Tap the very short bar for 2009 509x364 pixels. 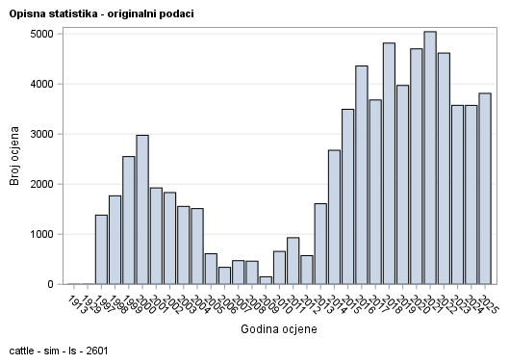(x=266, y=280)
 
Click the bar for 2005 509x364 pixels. (x=211, y=269)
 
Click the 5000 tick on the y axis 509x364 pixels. (x=40, y=34)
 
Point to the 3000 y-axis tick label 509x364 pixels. (x=40, y=134)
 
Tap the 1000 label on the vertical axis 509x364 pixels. (x=40, y=234)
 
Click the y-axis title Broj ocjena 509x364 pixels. (x=15, y=159)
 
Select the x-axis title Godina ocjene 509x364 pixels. (x=278, y=329)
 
